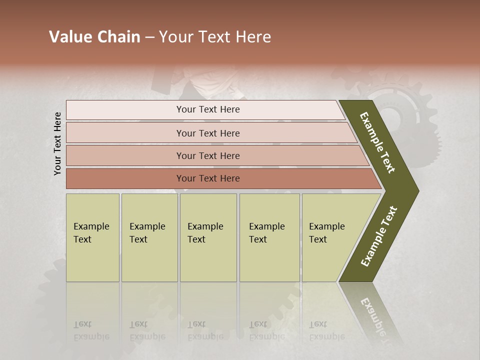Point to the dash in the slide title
149,37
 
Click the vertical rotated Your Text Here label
58,143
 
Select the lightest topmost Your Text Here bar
207,109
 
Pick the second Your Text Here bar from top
207,133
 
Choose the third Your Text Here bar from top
207,155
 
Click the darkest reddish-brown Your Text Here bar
207,178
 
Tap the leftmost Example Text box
92,237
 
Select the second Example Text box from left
149,237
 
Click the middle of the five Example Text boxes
208,237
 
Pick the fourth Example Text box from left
269,237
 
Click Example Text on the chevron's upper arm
377,143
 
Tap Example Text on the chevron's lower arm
379,236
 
